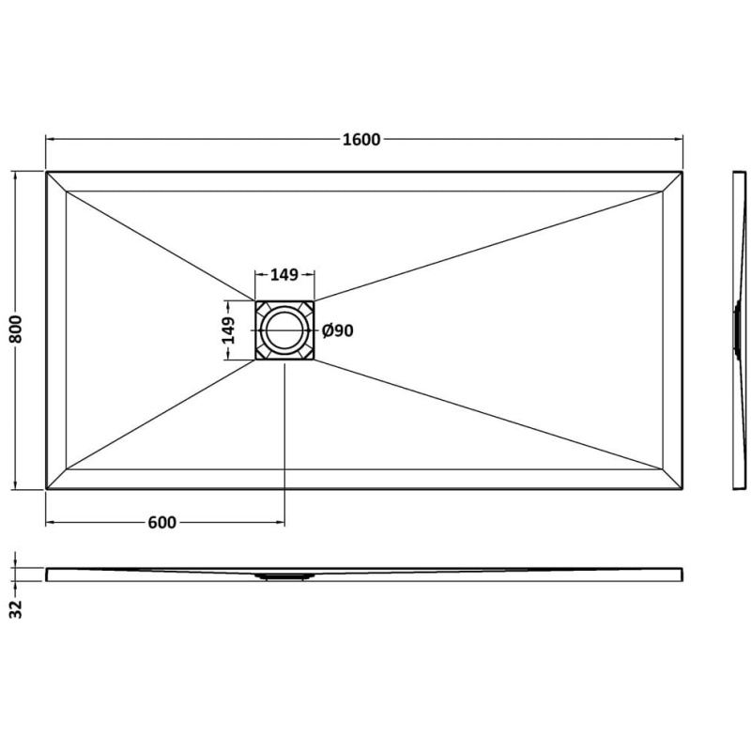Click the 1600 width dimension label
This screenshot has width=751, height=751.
361,139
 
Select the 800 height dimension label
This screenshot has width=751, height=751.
16,330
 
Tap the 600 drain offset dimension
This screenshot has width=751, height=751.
161,522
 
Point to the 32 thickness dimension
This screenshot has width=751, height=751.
16,608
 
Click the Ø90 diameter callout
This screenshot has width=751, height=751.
338,330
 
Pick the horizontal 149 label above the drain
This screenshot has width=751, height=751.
284,275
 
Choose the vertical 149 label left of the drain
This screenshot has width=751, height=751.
228,330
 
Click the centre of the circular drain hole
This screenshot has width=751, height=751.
284,330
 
